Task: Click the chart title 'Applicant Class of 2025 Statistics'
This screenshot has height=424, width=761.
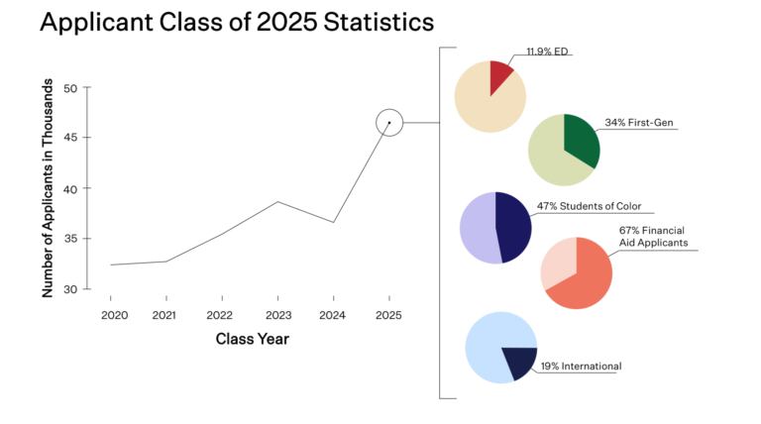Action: tap(223, 21)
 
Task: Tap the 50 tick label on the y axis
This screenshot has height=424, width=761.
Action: tap(70, 88)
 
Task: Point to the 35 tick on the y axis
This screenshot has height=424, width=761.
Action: tap(70, 239)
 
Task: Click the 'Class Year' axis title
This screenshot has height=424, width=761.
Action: tap(252, 339)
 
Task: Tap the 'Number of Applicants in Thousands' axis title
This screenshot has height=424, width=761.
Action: tap(47, 188)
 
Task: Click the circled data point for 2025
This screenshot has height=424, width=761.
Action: tap(389, 123)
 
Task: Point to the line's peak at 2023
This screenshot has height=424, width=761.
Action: tap(277, 201)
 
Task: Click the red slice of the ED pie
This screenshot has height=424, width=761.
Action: tap(501, 74)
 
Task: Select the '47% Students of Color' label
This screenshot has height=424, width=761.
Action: tap(589, 207)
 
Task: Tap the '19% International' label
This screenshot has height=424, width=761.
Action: tap(581, 367)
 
